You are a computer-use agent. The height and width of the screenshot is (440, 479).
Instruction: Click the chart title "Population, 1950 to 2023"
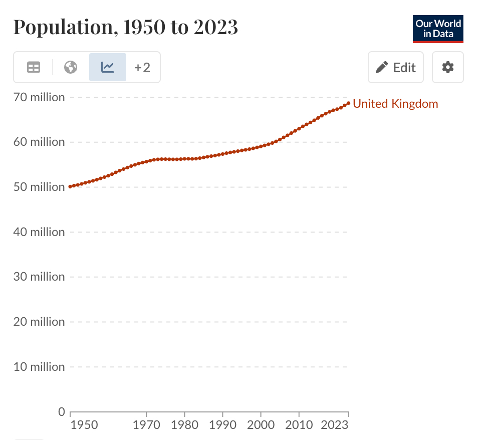(125, 27)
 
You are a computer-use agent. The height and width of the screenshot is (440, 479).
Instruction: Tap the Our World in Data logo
(438, 29)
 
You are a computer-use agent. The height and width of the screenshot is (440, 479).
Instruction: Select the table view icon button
(34, 67)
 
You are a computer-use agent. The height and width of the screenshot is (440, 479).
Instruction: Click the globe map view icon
(71, 67)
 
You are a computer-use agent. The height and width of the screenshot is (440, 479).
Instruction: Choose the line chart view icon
(108, 67)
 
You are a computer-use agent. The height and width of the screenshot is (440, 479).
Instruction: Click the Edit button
(396, 67)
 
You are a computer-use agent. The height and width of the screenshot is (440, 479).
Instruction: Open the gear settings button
(448, 67)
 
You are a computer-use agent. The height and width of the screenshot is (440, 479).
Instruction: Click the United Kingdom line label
(395, 104)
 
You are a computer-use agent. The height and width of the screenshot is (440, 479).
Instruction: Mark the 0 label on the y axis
(62, 412)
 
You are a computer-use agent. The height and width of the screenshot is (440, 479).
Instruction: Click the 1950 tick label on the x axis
(84, 425)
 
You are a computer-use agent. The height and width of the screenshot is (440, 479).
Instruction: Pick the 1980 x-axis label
(184, 425)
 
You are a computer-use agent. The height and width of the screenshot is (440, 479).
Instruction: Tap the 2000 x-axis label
(261, 425)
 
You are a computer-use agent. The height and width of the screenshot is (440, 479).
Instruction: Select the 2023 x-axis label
(335, 425)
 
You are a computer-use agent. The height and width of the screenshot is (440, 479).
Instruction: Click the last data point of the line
(348, 103)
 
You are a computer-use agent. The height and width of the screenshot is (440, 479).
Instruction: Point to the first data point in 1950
(70, 187)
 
